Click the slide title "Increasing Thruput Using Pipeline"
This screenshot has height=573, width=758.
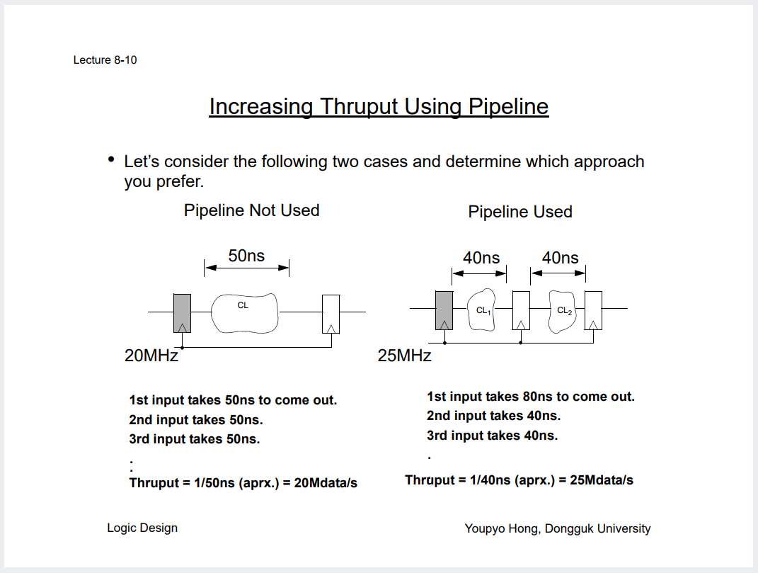tap(379, 106)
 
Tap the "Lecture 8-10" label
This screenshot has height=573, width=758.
tap(105, 60)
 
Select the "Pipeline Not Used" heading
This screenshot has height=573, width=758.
tap(251, 210)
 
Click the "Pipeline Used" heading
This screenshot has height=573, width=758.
tap(520, 212)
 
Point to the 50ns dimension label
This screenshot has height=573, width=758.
tap(246, 256)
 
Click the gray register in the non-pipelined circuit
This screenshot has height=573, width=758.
tap(182, 312)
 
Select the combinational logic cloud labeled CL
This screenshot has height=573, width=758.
tap(245, 312)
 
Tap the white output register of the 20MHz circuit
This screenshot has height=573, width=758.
tap(331, 313)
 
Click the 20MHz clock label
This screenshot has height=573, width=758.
tap(151, 356)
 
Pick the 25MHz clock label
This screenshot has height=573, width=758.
tap(404, 356)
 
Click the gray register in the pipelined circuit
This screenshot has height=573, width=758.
tap(444, 310)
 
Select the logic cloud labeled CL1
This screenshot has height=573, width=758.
tap(483, 310)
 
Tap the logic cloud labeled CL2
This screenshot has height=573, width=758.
tap(563, 310)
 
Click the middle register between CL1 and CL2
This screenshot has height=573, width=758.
tap(521, 310)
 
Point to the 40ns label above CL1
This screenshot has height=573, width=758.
tap(481, 258)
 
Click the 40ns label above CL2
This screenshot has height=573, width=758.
tap(560, 258)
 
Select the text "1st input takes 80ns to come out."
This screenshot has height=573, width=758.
tap(531, 397)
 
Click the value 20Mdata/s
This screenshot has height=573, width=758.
tap(325, 483)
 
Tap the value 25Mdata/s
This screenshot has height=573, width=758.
tap(601, 480)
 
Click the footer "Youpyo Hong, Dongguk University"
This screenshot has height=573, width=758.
tap(558, 528)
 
